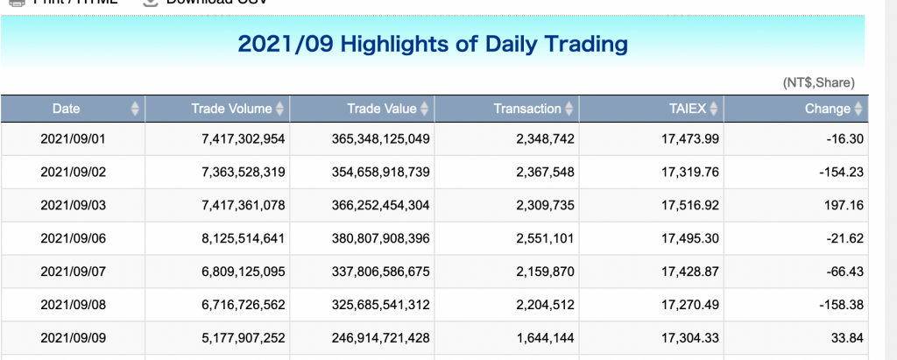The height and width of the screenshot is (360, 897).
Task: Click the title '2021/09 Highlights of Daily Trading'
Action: (x=433, y=43)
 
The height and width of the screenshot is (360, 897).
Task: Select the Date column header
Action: (x=66, y=109)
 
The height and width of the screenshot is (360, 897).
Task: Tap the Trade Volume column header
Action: (x=231, y=109)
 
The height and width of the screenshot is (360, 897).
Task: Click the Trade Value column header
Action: (x=382, y=109)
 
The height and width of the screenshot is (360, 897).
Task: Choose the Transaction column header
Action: (x=526, y=109)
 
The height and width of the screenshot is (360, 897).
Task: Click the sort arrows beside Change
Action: (x=859, y=109)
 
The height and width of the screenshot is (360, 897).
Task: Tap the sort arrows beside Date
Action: (x=135, y=109)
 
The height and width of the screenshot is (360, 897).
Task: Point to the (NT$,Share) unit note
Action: (x=818, y=82)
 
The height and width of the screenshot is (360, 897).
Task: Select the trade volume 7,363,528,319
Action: (x=244, y=172)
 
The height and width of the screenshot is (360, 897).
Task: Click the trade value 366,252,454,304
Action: (x=381, y=205)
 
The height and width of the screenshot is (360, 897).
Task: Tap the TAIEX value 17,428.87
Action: (x=693, y=272)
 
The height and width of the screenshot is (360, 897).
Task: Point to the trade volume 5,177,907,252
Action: (x=244, y=338)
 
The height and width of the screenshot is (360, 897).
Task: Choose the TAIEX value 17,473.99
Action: (x=693, y=138)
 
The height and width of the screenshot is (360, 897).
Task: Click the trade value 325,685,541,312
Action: (x=381, y=305)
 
